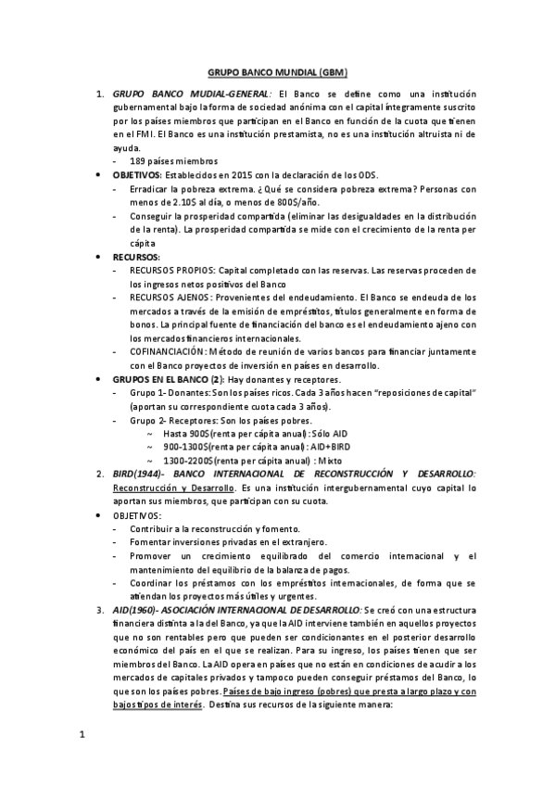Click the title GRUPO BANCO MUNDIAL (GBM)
point(277,71)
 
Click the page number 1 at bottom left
point(82,736)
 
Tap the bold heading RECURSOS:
point(136,257)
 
